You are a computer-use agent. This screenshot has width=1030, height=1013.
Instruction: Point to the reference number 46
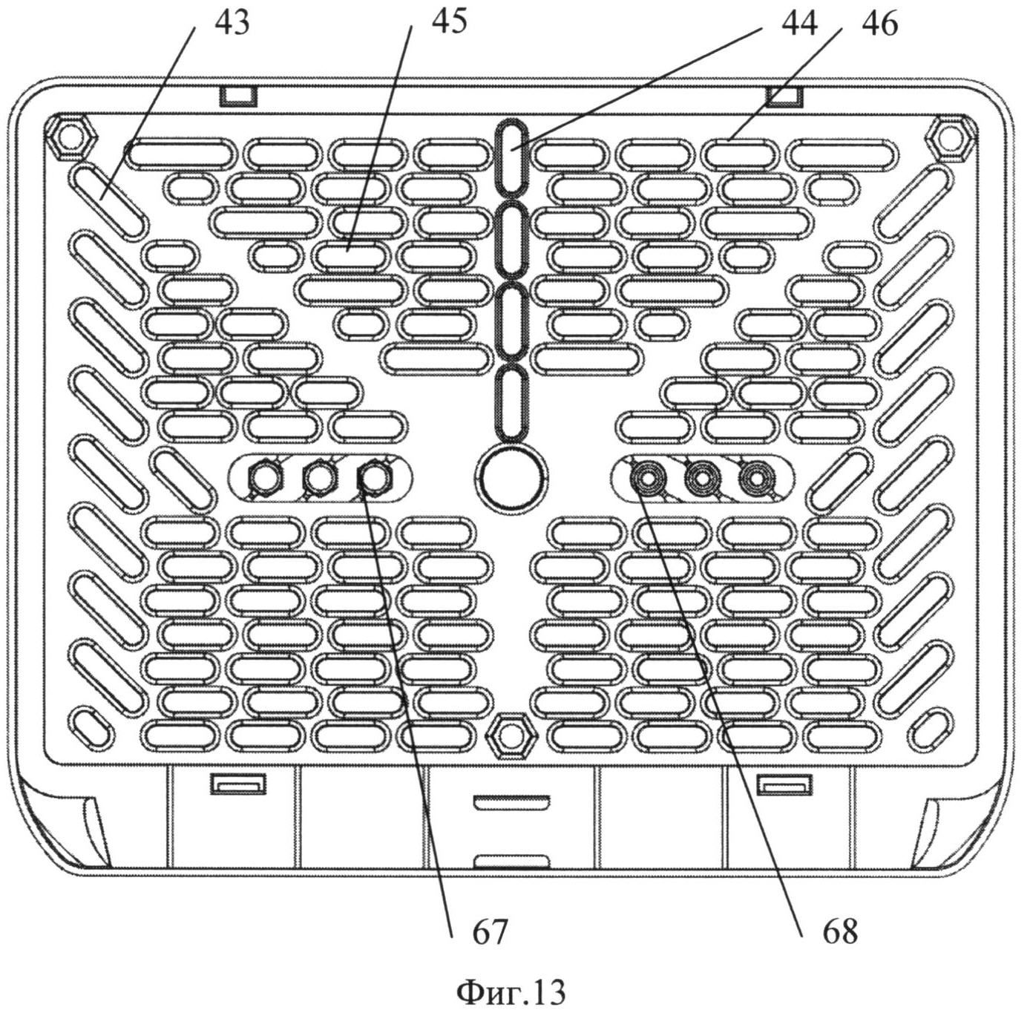[879, 24]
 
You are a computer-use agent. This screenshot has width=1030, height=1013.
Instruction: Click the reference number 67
[490, 931]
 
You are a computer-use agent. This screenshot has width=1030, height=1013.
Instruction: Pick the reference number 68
[839, 931]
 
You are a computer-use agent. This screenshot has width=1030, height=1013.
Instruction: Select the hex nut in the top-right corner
[952, 137]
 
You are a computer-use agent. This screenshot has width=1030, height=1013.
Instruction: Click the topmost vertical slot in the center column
[511, 154]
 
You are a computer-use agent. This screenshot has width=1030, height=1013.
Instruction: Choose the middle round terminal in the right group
[701, 479]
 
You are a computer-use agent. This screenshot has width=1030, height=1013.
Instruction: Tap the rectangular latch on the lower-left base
[238, 783]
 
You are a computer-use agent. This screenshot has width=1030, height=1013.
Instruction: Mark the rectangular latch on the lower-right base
[784, 783]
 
